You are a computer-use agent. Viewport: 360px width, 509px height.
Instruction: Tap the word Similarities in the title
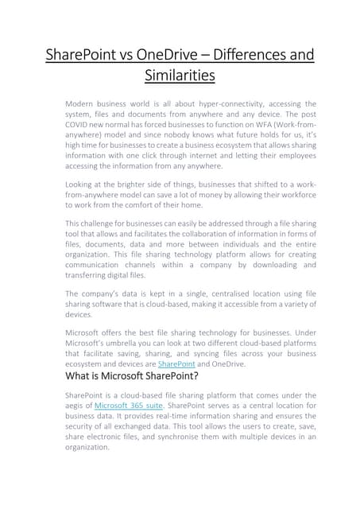click(x=180, y=76)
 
